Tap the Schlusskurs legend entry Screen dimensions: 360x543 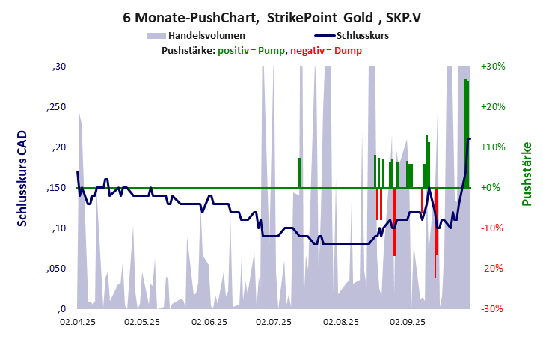(362, 35)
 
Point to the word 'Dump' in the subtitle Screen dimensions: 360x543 (349, 50)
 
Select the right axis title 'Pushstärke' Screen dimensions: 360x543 (527, 174)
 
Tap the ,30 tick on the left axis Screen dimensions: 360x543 (58, 67)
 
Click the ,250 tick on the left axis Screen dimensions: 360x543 (56, 107)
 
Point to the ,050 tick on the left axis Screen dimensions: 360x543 (56, 268)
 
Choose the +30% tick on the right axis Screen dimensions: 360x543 (494, 67)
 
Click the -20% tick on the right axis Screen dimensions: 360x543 (494, 268)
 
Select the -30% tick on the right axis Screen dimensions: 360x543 (494, 308)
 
